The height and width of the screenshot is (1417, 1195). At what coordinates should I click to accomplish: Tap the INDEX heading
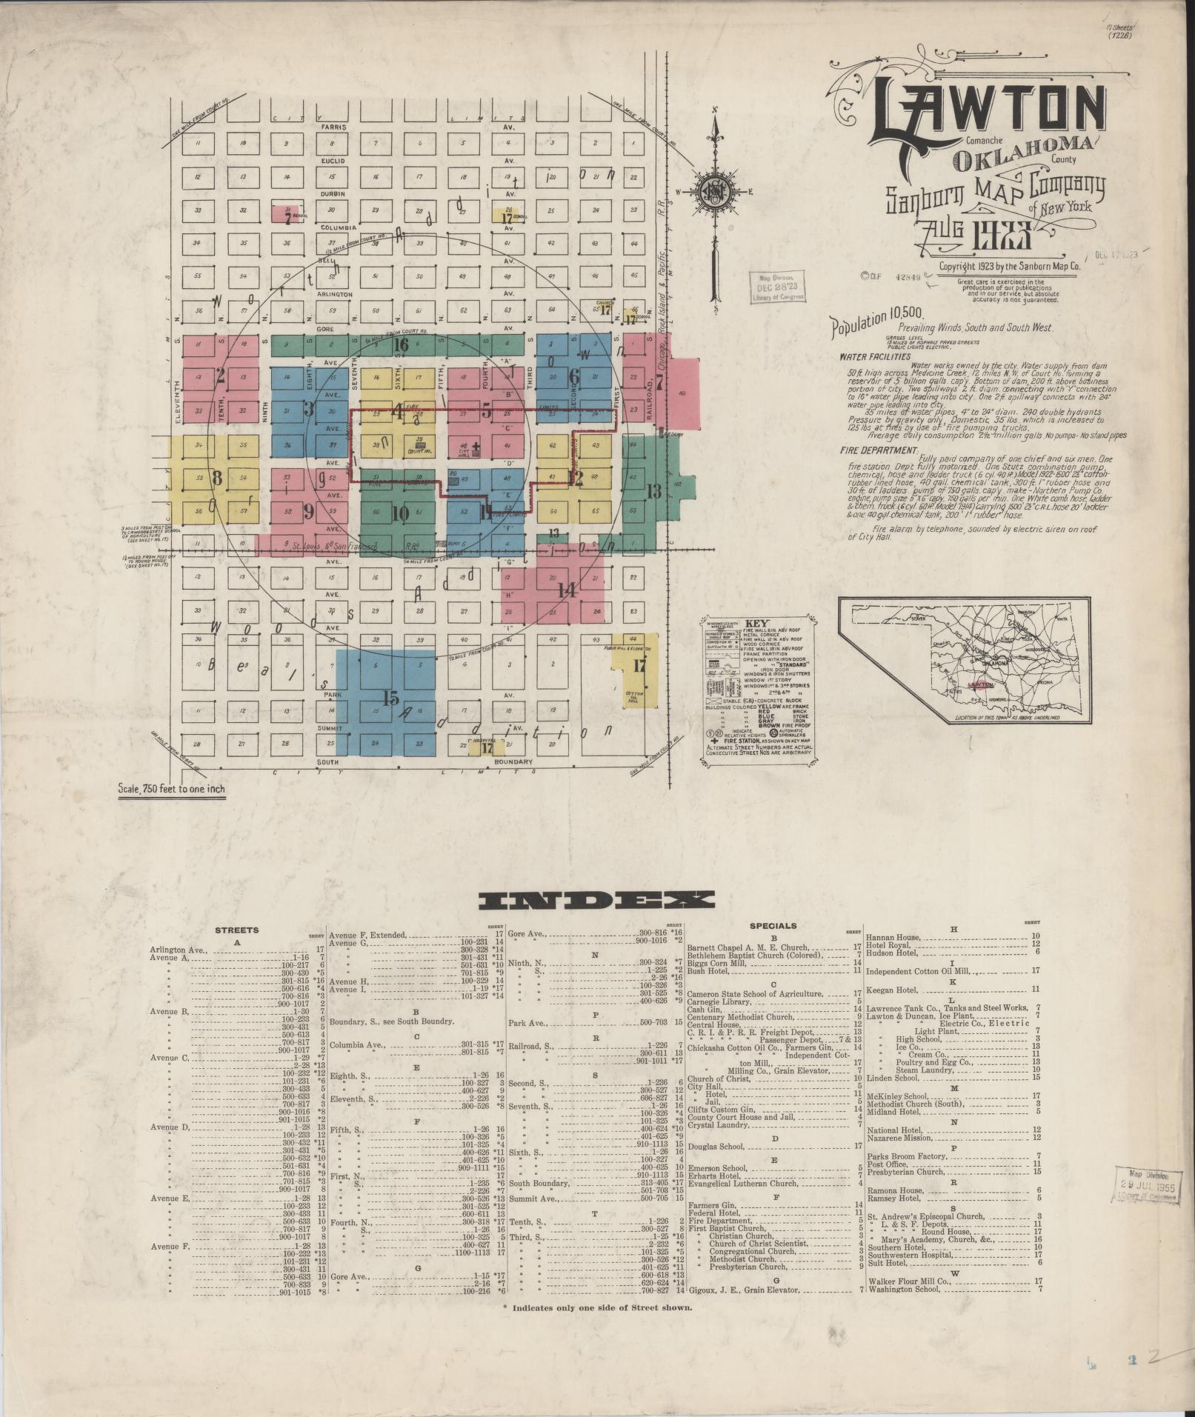(x=597, y=901)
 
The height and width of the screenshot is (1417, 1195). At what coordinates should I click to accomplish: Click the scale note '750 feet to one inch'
(x=171, y=789)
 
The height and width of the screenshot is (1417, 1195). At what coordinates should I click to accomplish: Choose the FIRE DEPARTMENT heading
(x=878, y=450)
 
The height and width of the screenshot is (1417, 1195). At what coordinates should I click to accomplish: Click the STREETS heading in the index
(x=237, y=930)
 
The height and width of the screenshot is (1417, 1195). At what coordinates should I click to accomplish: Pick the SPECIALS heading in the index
(x=773, y=925)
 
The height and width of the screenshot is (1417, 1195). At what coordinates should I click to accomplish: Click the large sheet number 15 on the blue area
(x=390, y=697)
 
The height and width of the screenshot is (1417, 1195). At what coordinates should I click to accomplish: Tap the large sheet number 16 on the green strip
(x=401, y=344)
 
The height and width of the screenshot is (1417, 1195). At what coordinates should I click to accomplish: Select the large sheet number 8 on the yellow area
(x=217, y=478)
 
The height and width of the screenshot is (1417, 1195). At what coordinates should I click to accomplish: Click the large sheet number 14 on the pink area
(x=567, y=590)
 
